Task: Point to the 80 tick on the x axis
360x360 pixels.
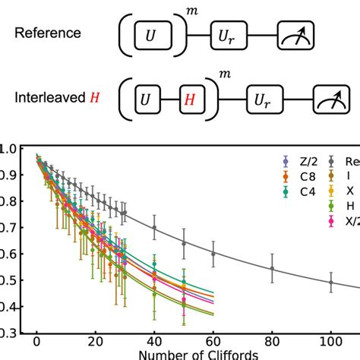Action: pyautogui.click(x=271, y=343)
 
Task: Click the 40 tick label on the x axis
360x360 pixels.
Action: pyautogui.click(x=154, y=343)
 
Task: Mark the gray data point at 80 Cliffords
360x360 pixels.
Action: pyautogui.click(x=272, y=268)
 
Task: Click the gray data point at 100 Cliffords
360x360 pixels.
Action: pyautogui.click(x=330, y=283)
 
